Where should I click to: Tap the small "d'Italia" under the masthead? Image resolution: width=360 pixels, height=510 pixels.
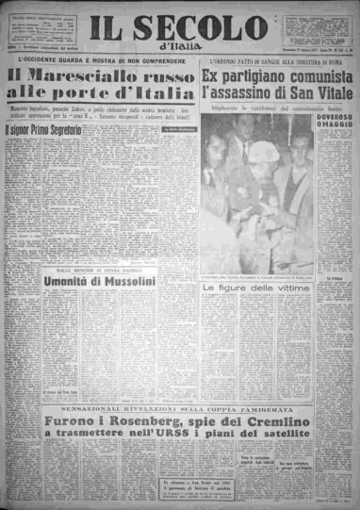coord(179,47)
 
